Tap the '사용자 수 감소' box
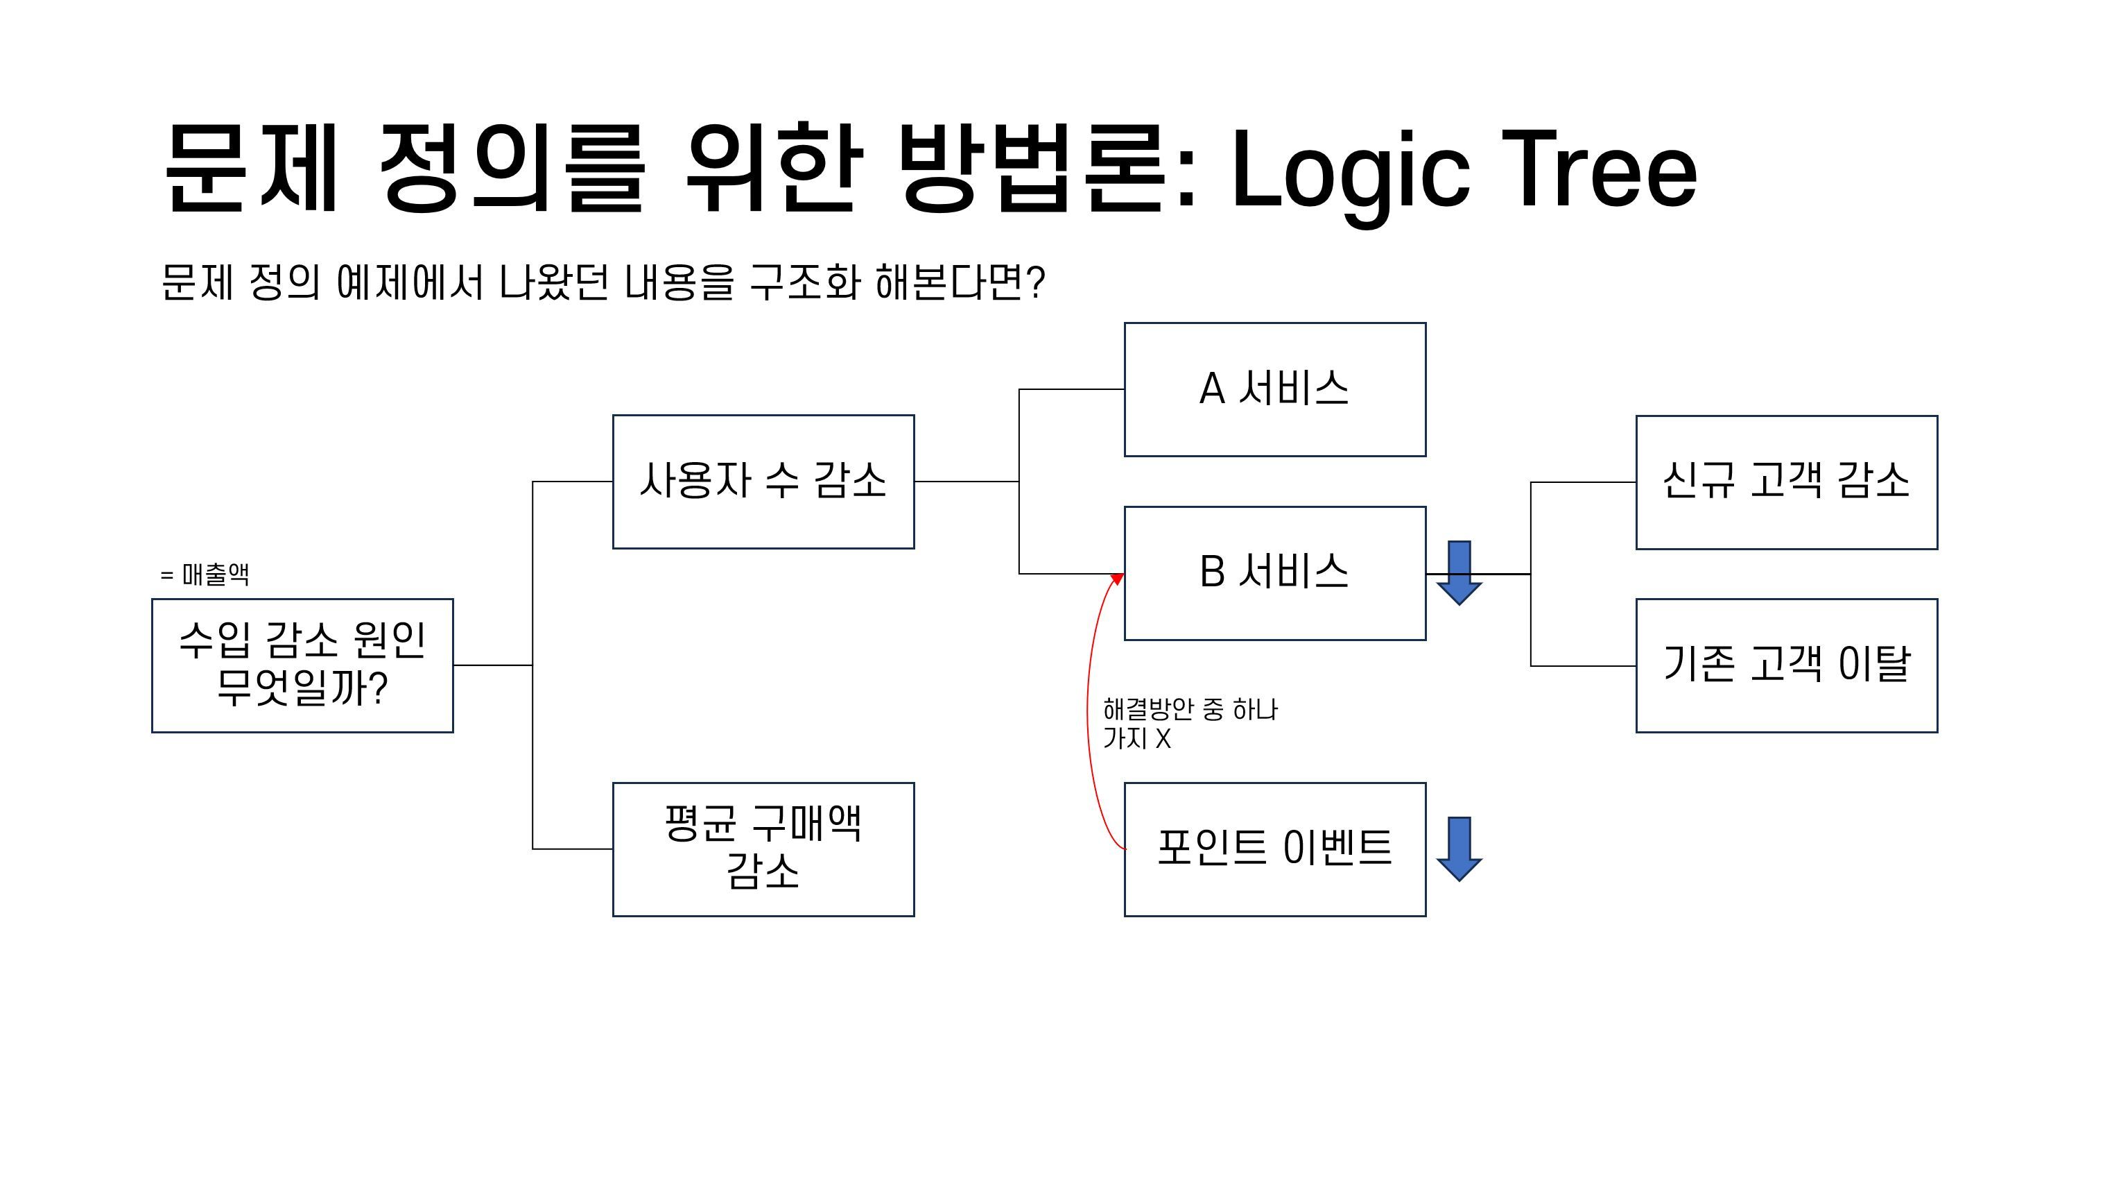coord(763,481)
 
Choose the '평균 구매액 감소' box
coord(763,849)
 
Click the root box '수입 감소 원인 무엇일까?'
coord(302,665)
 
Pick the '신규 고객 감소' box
coord(1785,482)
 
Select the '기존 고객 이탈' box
coord(1785,665)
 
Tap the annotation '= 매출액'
coord(205,574)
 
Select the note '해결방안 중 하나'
coord(1190,709)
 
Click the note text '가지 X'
coord(1136,738)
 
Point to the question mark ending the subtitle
coord(1036,282)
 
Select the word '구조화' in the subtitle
coord(805,282)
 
